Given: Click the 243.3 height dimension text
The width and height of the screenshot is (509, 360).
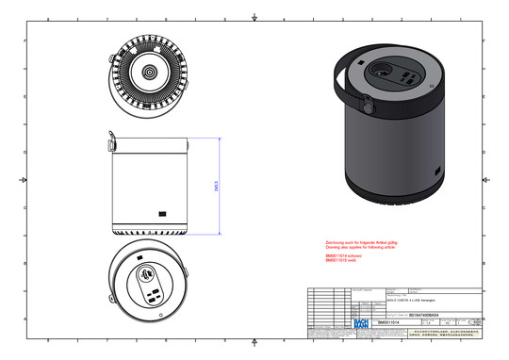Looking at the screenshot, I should pyautogui.click(x=218, y=187).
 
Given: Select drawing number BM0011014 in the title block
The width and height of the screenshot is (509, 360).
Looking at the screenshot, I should pyautogui.click(x=389, y=321).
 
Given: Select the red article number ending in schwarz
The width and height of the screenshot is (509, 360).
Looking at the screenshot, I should pyautogui.click(x=344, y=255).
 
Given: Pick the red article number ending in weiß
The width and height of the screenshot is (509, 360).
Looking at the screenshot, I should pyautogui.click(x=342, y=260).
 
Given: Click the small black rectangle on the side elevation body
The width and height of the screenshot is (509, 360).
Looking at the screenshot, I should pyautogui.click(x=163, y=212).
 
